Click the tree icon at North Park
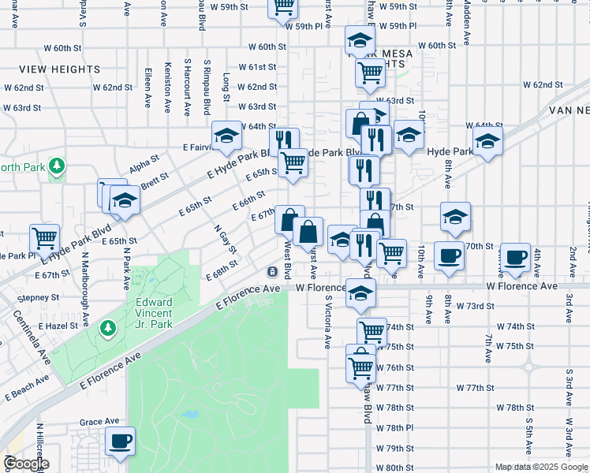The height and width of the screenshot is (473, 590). click(x=57, y=166)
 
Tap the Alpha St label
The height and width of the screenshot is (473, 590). click(x=144, y=168)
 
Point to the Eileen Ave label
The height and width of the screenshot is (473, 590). click(x=147, y=88)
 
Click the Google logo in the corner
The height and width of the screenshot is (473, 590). click(x=26, y=464)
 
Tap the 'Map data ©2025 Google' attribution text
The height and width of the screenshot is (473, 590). click(x=540, y=467)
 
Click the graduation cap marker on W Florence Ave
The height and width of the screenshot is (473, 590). click(x=360, y=294)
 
